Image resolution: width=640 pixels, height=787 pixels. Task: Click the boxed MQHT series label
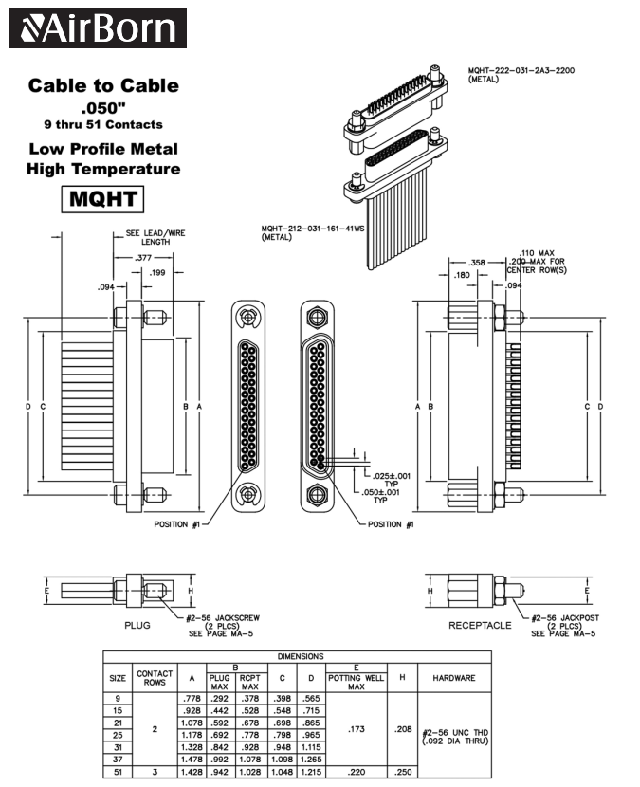102,200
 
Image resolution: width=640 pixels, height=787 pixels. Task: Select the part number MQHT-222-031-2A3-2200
521,70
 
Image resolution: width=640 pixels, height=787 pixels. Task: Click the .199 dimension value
157,273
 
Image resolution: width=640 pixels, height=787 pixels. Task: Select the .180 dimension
462,275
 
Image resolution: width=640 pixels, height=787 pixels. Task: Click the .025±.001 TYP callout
392,477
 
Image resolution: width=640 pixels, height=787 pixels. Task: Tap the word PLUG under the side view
137,625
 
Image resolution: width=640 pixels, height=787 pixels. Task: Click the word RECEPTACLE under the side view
480,625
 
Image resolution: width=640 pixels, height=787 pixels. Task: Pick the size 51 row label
119,772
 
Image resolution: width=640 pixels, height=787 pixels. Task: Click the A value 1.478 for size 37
192,759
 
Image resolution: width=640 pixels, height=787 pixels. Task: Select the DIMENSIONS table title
300,656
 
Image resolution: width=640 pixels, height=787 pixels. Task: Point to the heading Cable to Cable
102,86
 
